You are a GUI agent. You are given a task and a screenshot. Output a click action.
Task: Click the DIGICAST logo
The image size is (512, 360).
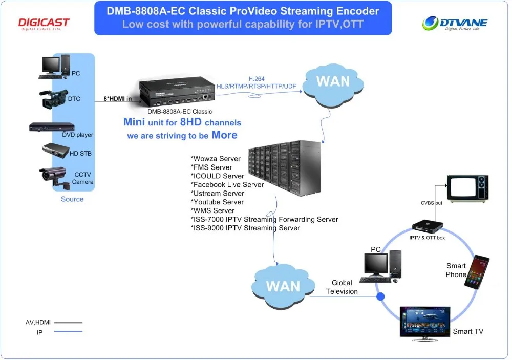pyautogui.click(x=44, y=24)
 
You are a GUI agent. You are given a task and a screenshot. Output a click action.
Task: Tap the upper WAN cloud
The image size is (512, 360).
pyautogui.click(x=333, y=81)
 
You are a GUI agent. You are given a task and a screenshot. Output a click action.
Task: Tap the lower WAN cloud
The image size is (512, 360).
pyautogui.click(x=283, y=286)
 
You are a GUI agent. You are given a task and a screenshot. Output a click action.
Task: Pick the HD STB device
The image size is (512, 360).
pyautogui.click(x=55, y=150)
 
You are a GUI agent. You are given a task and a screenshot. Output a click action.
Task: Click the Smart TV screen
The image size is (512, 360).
pyautogui.click(x=424, y=321)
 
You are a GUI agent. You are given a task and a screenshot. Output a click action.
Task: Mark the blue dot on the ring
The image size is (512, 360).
pyautogui.click(x=380, y=296)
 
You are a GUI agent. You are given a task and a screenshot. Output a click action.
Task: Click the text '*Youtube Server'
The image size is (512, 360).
pyautogui.click(x=217, y=202)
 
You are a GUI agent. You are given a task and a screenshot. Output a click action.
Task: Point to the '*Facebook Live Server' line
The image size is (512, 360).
pyautogui.click(x=227, y=184)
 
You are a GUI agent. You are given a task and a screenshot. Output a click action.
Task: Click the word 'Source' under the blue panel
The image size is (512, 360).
pyautogui.click(x=72, y=199)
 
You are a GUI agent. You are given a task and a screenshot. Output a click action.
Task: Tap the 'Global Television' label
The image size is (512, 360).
pyautogui.click(x=342, y=287)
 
